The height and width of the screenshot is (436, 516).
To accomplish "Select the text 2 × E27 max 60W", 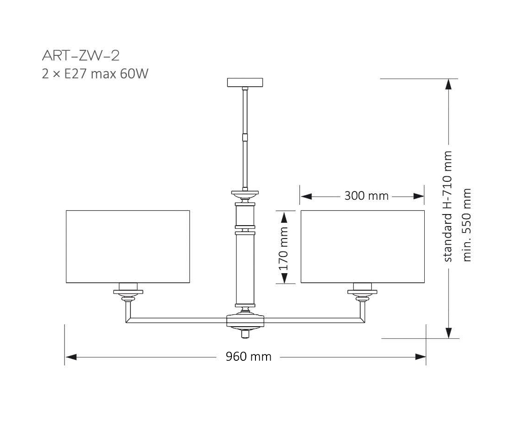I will (95, 74).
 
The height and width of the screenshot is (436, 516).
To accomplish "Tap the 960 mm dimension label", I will (248, 357).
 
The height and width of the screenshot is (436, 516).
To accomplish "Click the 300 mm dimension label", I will (366, 196).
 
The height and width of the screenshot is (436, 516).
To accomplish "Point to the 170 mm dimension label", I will (284, 248).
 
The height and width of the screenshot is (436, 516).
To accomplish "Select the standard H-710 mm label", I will (448, 206).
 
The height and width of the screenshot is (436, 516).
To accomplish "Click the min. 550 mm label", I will (467, 225).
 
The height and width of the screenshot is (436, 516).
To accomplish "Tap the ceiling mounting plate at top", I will (246, 83).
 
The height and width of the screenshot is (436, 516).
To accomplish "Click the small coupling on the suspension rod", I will (246, 136).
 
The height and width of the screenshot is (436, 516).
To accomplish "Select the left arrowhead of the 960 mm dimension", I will (70, 357).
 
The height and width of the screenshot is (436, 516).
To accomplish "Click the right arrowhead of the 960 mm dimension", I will (420, 357).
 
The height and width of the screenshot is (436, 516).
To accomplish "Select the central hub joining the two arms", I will (246, 320).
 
